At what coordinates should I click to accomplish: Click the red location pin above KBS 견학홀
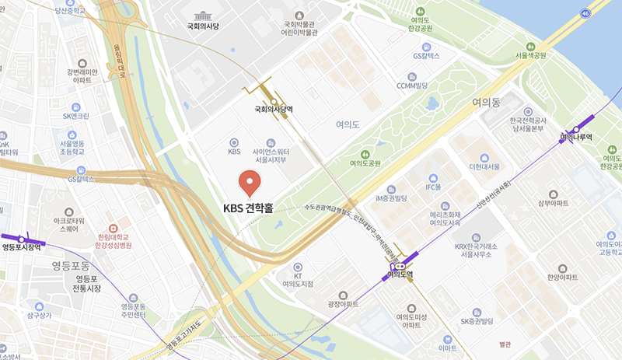[x=250, y=183]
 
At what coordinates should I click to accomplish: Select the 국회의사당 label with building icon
[x=203, y=26]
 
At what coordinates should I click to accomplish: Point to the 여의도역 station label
[x=398, y=274]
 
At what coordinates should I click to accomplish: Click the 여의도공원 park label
[x=365, y=163]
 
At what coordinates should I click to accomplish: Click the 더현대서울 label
[x=484, y=167]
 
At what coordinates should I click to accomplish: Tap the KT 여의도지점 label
[x=297, y=280]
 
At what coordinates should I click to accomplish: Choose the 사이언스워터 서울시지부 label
[x=271, y=155]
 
